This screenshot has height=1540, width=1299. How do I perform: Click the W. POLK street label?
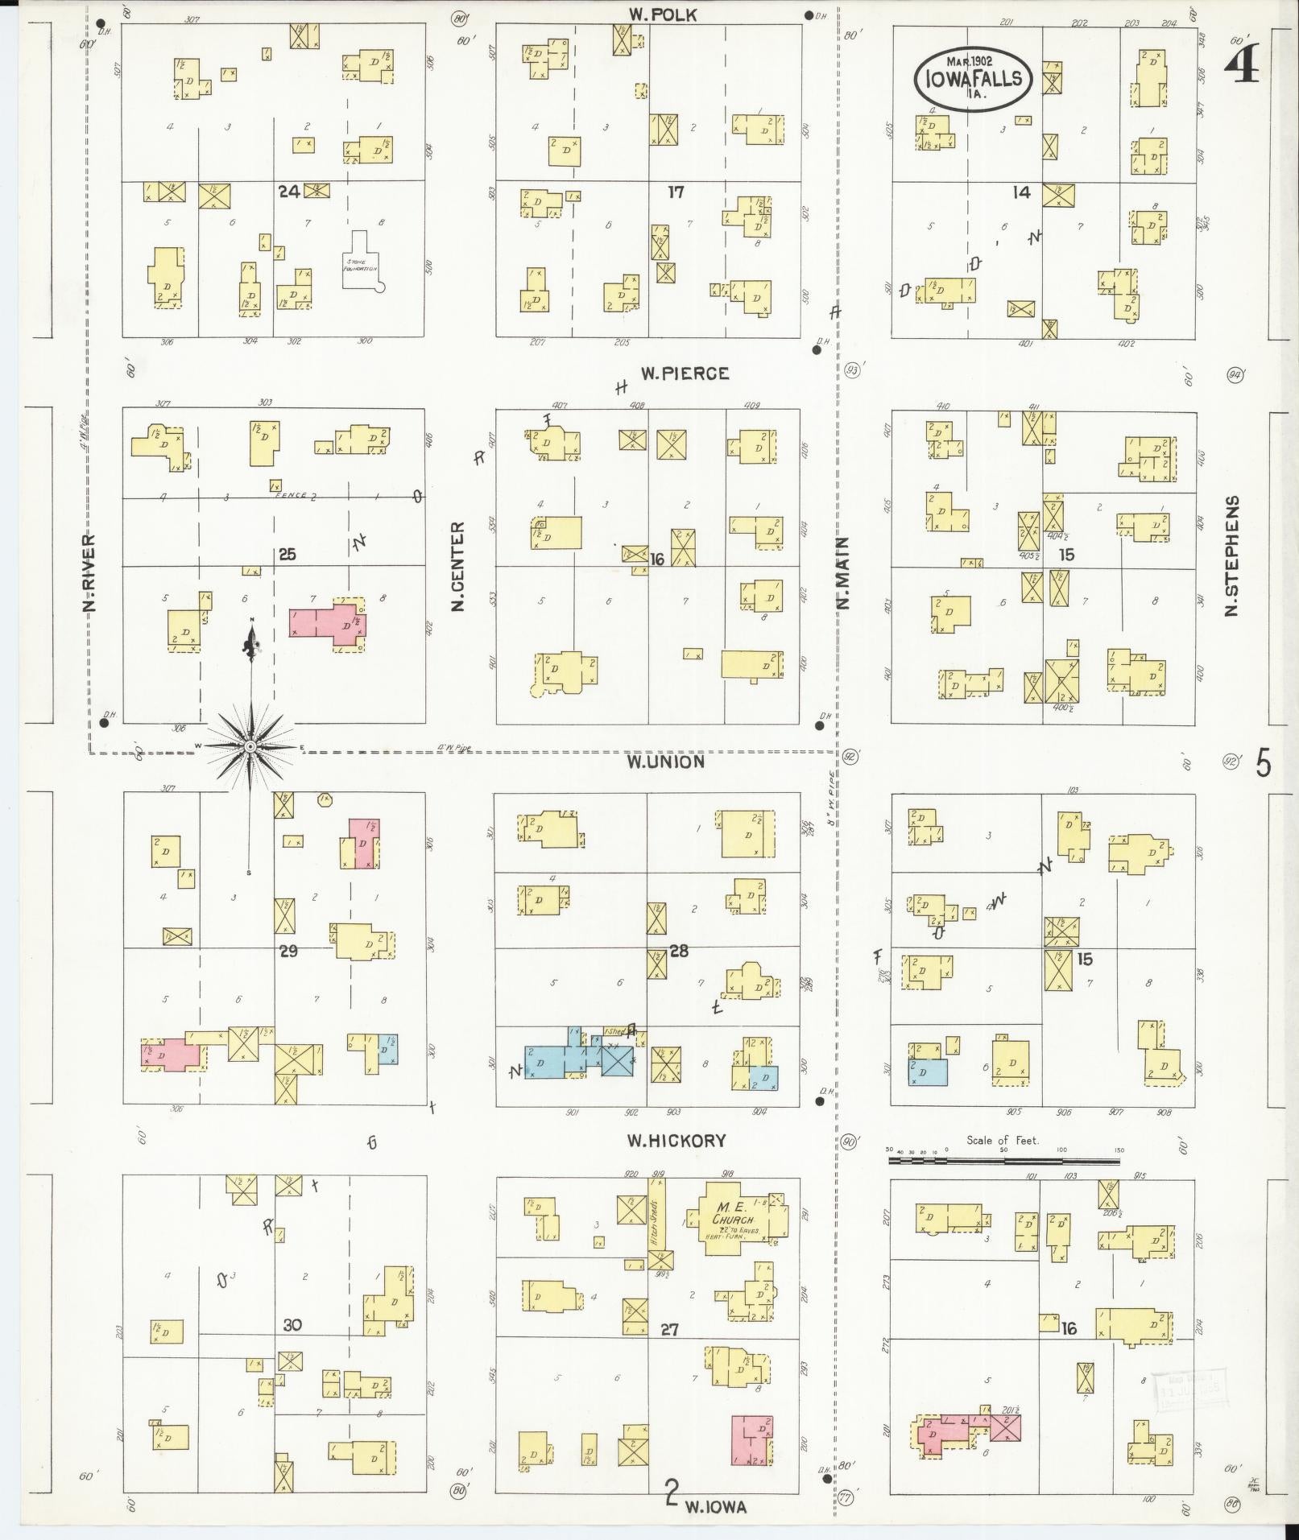coord(664,14)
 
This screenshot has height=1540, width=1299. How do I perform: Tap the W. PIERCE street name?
coord(685,374)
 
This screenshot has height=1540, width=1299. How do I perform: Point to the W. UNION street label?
coord(667,761)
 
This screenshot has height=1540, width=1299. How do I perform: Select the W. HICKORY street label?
coord(676,1141)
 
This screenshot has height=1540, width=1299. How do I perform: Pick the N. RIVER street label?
coord(89,573)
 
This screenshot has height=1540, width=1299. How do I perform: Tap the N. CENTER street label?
coord(458,565)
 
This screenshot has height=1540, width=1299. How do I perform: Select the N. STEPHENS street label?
coord(1231,555)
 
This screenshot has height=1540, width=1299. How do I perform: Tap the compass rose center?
coord(250,747)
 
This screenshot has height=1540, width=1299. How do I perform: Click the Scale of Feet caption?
coord(1003,1141)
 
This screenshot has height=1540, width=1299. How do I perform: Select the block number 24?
coord(289,192)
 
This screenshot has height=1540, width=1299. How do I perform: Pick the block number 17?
coord(675,192)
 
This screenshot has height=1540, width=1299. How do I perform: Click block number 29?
coord(288,952)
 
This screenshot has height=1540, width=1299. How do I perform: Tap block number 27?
coord(669,1331)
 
